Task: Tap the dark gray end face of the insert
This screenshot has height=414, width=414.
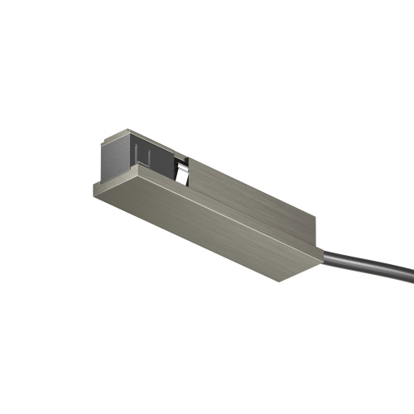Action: (117, 157)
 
